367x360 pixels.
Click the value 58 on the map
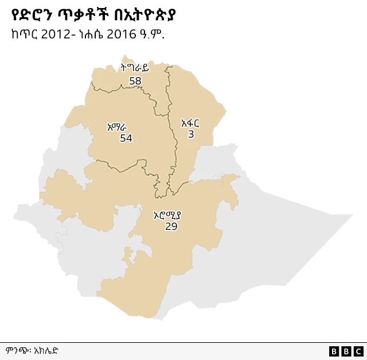135,81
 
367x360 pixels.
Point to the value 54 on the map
126,138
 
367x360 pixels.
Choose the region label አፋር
190,123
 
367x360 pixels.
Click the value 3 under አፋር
191,134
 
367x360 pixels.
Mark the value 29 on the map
171,226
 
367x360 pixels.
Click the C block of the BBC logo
358,351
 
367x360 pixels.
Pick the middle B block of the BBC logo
346,351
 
